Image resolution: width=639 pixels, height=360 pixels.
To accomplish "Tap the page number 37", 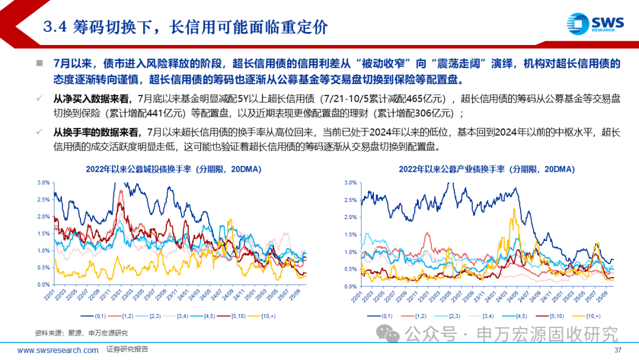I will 618,350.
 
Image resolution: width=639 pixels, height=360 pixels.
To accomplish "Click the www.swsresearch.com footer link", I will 58,350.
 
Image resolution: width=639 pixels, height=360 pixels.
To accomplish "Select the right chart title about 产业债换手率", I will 486,169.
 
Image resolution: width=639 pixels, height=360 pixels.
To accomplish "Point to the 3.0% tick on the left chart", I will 43,182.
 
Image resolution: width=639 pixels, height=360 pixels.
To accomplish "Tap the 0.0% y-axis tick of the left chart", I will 43,285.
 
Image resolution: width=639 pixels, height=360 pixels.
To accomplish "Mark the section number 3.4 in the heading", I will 57,27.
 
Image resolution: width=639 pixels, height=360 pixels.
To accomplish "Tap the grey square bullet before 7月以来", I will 40,63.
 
